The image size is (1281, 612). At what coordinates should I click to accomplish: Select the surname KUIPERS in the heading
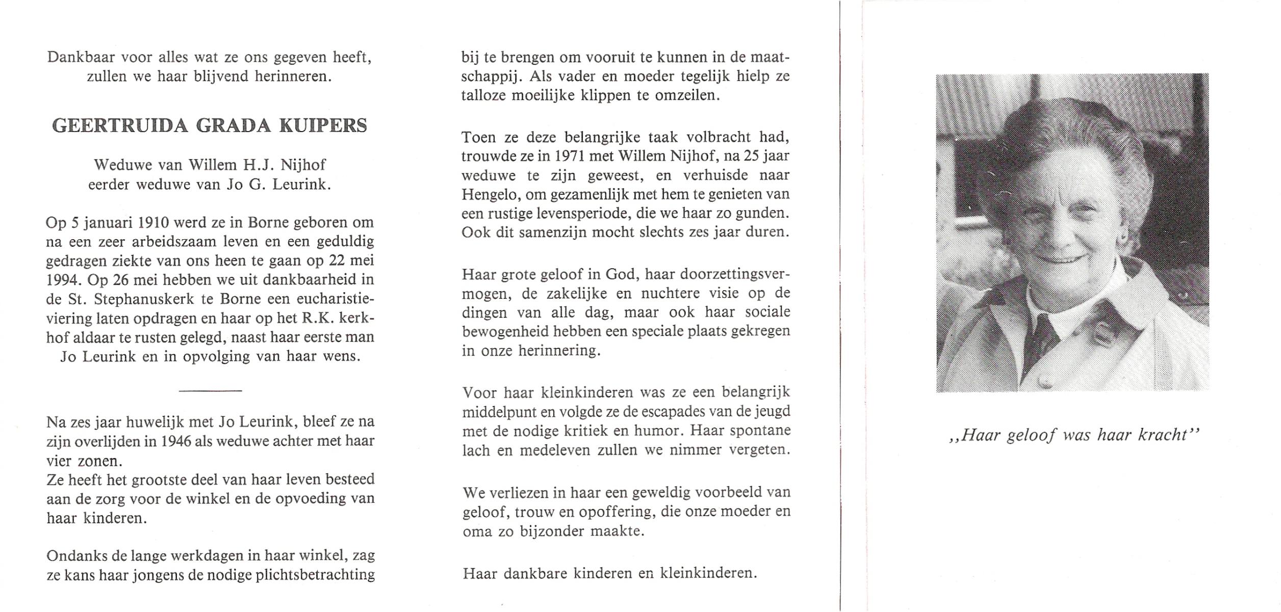point(323,126)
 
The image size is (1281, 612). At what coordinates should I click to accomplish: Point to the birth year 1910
point(150,223)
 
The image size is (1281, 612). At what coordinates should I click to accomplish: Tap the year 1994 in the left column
point(63,280)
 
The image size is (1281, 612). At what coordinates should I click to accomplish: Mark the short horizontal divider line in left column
point(210,391)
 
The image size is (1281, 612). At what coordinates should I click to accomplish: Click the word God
point(621,275)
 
